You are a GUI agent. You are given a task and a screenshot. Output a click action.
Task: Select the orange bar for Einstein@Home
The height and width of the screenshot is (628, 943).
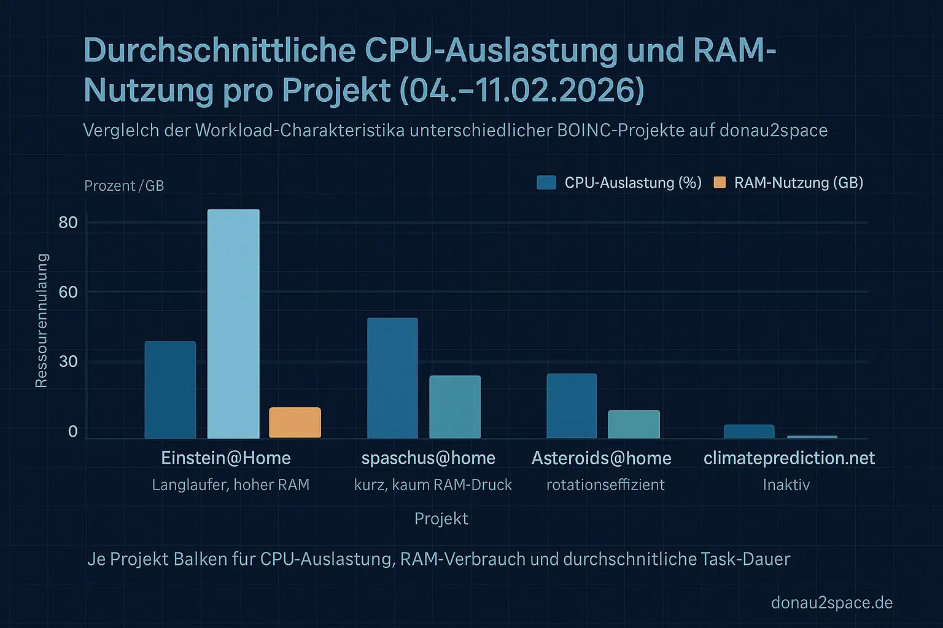pyautogui.click(x=295, y=423)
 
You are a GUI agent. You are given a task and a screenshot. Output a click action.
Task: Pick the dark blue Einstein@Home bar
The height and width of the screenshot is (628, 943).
pyautogui.click(x=170, y=389)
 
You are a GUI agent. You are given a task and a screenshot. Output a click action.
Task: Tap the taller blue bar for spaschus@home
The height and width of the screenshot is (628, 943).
pyautogui.click(x=392, y=378)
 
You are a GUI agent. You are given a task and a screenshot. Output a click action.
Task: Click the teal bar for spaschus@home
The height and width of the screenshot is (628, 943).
pyautogui.click(x=455, y=407)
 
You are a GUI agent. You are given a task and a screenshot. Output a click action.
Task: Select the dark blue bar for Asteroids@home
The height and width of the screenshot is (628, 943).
pyautogui.click(x=572, y=405)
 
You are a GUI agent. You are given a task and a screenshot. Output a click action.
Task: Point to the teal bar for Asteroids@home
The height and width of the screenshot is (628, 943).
pyautogui.click(x=634, y=424)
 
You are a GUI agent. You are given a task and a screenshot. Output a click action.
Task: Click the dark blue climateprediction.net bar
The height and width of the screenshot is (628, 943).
pyautogui.click(x=749, y=431)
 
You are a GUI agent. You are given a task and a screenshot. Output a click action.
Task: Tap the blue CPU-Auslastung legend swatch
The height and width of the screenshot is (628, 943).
pyautogui.click(x=546, y=182)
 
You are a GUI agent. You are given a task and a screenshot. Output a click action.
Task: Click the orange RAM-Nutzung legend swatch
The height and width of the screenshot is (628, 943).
pyautogui.click(x=720, y=182)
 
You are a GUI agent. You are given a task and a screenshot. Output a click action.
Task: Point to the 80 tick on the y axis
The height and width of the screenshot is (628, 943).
pyautogui.click(x=68, y=222)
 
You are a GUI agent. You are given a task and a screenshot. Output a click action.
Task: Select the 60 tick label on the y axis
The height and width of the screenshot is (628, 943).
pyautogui.click(x=68, y=292)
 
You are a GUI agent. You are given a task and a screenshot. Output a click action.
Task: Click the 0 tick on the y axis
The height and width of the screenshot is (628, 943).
pyautogui.click(x=73, y=432)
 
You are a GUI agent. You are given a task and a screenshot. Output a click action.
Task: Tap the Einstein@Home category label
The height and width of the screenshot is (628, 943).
pyautogui.click(x=226, y=458)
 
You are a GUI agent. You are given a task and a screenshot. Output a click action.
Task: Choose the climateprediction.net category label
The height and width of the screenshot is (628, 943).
pyautogui.click(x=789, y=458)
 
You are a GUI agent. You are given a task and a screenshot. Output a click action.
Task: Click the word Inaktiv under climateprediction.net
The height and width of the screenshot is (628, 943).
pyautogui.click(x=786, y=485)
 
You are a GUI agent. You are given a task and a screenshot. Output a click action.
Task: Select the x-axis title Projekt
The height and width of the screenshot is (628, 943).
pyautogui.click(x=441, y=519)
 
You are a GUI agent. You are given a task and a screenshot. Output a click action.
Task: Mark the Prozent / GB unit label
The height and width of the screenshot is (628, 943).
pyautogui.click(x=124, y=186)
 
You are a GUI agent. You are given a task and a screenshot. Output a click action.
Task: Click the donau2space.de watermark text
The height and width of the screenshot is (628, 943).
pyautogui.click(x=831, y=603)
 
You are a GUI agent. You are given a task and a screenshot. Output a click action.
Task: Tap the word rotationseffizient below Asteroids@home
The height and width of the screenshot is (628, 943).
pyautogui.click(x=605, y=485)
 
